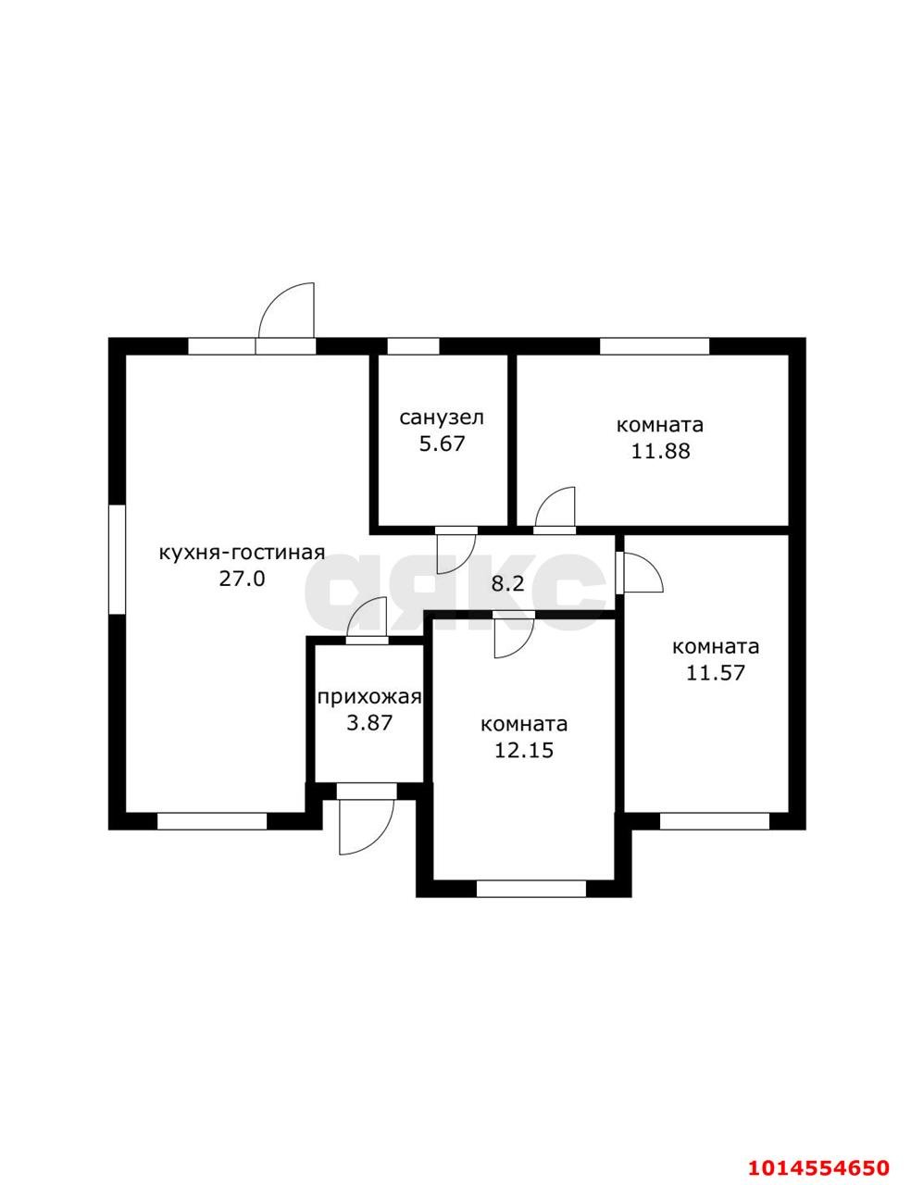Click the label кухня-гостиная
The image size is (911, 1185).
click(x=242, y=554)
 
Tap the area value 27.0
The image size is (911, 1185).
click(x=242, y=579)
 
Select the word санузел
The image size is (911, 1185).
click(x=442, y=418)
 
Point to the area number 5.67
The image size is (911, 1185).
click(x=442, y=443)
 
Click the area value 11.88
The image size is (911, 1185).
click(x=660, y=451)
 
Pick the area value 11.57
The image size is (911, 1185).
click(x=715, y=673)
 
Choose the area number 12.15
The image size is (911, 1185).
click(x=524, y=751)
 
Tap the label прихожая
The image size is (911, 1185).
click(x=369, y=697)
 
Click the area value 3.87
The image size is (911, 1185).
click(x=369, y=724)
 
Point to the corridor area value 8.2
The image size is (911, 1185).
click(x=507, y=584)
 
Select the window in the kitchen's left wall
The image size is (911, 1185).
click(x=118, y=559)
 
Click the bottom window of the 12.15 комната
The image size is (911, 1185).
click(x=531, y=889)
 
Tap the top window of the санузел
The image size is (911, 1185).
click(x=413, y=346)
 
